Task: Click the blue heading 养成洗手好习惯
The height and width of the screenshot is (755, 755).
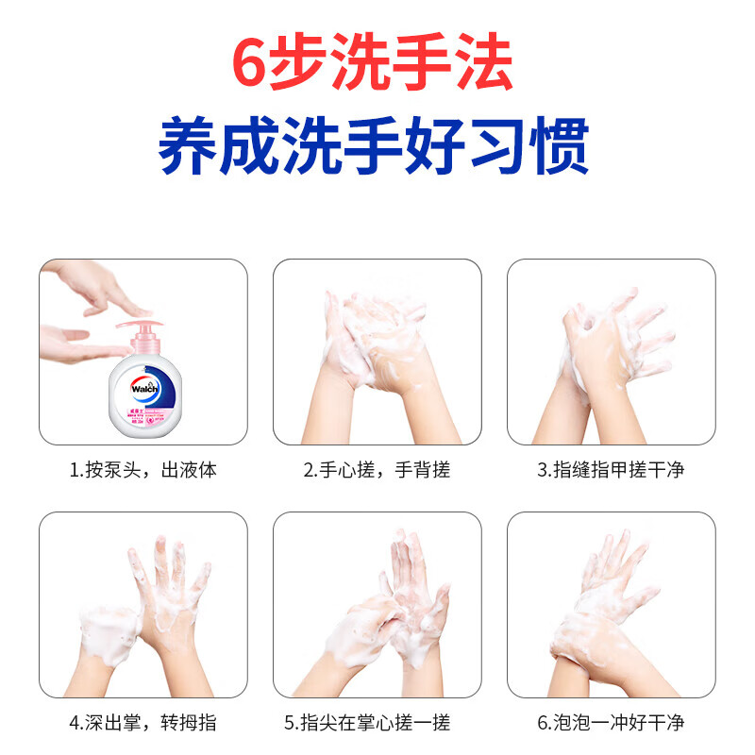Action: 375,147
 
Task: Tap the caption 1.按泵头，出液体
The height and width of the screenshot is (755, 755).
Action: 143,470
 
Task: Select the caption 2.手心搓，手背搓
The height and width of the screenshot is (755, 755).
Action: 377,470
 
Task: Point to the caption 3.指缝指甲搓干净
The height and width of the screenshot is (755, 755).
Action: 611,470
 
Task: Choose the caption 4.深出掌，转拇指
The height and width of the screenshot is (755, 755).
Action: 143,723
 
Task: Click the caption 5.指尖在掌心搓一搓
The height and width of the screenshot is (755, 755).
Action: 377,723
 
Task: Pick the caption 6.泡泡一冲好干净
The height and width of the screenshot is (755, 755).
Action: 611,723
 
